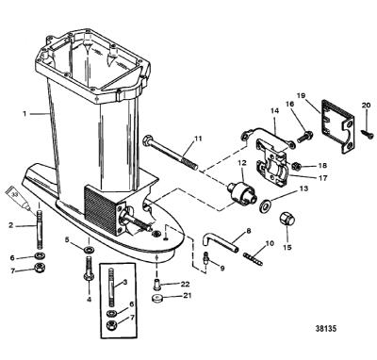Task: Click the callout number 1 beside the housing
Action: coord(25,114)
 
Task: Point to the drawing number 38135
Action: coord(326,329)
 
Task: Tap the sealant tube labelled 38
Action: coord(18,199)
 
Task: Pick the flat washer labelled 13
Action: coord(266,206)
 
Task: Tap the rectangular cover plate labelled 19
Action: coord(338,126)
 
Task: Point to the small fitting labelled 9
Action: coord(206,257)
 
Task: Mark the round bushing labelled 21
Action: coord(157,298)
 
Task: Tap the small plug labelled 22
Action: coord(156,284)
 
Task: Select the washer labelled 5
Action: coord(90,251)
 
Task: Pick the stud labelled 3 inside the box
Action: coord(110,286)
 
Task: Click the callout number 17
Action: coord(322,178)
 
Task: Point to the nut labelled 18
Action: coord(295,165)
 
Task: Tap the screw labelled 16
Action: coord(303,138)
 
